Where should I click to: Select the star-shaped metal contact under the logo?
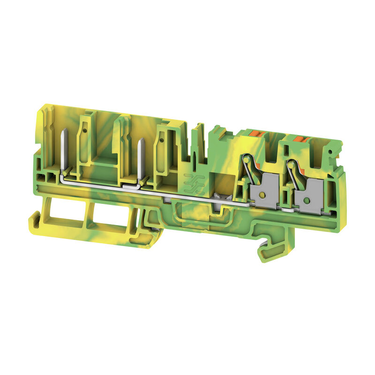click(x=217, y=196)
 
